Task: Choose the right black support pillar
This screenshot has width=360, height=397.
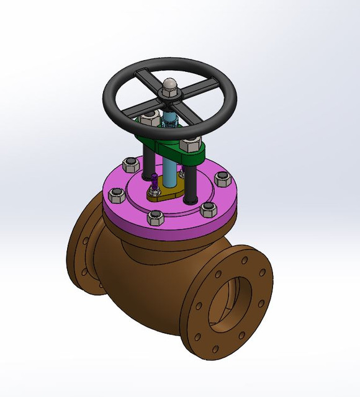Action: click(191, 180)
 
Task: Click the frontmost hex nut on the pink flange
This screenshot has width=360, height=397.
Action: click(155, 218)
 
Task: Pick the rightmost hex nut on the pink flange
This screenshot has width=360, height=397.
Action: click(223, 179)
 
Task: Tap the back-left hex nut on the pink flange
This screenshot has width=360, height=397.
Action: click(130, 165)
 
